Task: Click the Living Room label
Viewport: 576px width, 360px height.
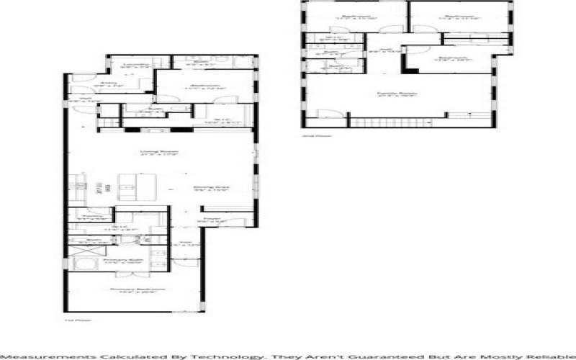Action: pyautogui.click(x=159, y=152)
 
